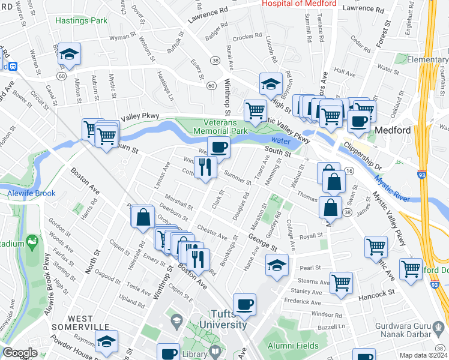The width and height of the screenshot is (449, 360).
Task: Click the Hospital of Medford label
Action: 298,4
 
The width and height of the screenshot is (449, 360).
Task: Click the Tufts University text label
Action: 220,320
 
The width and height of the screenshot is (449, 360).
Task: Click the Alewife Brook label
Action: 31,193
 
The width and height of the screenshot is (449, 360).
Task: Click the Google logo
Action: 20,352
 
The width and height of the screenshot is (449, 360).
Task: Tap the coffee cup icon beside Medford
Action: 359,121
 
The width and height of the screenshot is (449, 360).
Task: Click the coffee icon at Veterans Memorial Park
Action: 219,146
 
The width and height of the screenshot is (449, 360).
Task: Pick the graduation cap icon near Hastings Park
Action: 69,54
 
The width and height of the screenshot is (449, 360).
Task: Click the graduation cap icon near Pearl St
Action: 277,265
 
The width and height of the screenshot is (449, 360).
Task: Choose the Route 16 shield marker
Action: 349,172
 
